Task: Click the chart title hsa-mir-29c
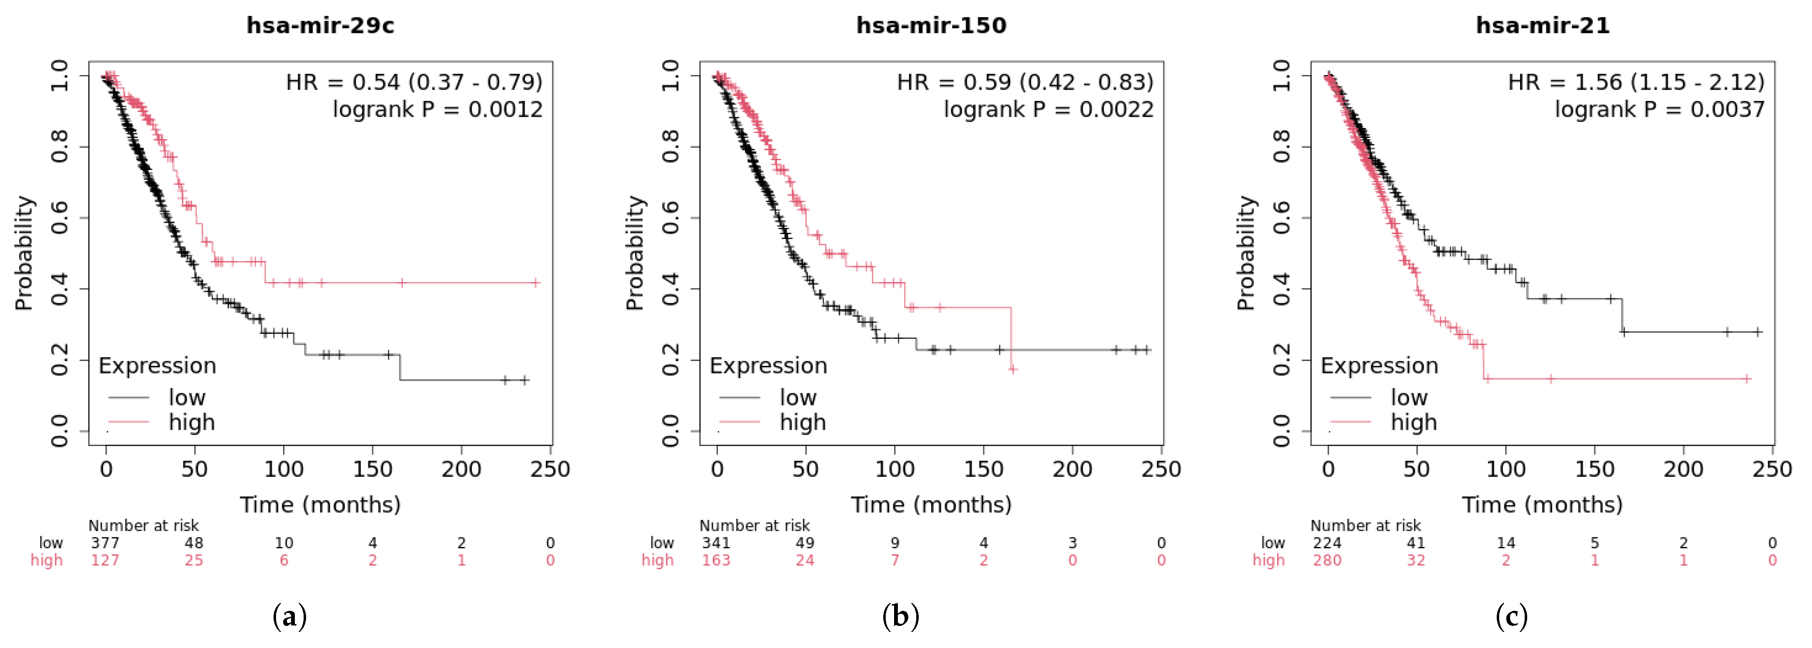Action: click(320, 25)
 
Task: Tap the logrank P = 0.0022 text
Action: click(1048, 110)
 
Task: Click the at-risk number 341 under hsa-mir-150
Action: click(716, 542)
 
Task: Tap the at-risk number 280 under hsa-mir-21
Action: click(1327, 560)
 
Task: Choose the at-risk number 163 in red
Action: click(716, 560)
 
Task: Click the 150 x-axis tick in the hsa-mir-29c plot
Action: click(372, 469)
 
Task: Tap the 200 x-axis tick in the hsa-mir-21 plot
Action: click(1683, 469)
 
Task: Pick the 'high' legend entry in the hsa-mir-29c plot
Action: click(191, 422)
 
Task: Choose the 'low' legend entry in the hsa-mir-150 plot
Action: click(798, 397)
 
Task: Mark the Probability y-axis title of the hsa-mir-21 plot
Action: click(1246, 253)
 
